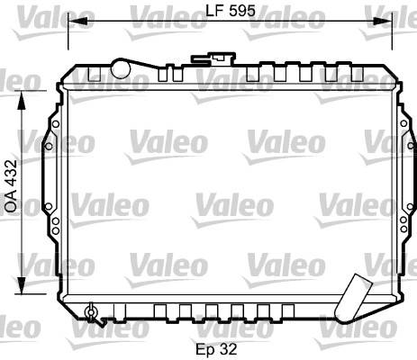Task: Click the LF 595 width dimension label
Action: (x=231, y=11)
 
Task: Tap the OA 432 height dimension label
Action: (x=11, y=186)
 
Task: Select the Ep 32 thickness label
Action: (x=216, y=349)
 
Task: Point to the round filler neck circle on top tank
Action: (x=121, y=68)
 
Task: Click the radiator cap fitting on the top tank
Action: (x=213, y=58)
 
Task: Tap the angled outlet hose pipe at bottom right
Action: (x=353, y=299)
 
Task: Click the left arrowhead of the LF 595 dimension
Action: (x=78, y=21)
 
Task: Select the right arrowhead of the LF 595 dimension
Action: (x=383, y=21)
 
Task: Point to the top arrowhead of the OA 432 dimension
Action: (x=22, y=101)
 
